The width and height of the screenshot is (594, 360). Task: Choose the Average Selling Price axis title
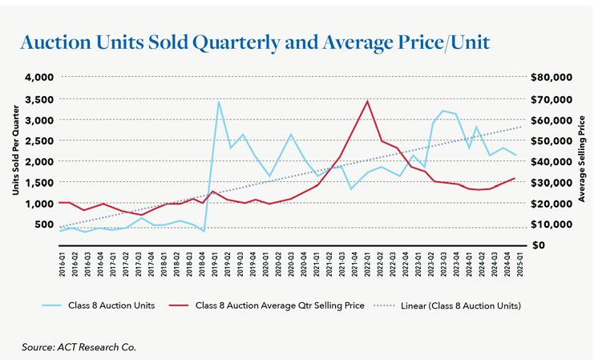582,160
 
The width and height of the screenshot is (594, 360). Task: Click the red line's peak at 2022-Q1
367,101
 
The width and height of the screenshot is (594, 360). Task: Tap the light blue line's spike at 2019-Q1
219,102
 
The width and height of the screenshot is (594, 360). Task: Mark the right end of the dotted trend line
520,127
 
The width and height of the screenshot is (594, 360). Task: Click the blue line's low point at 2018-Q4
204,232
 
